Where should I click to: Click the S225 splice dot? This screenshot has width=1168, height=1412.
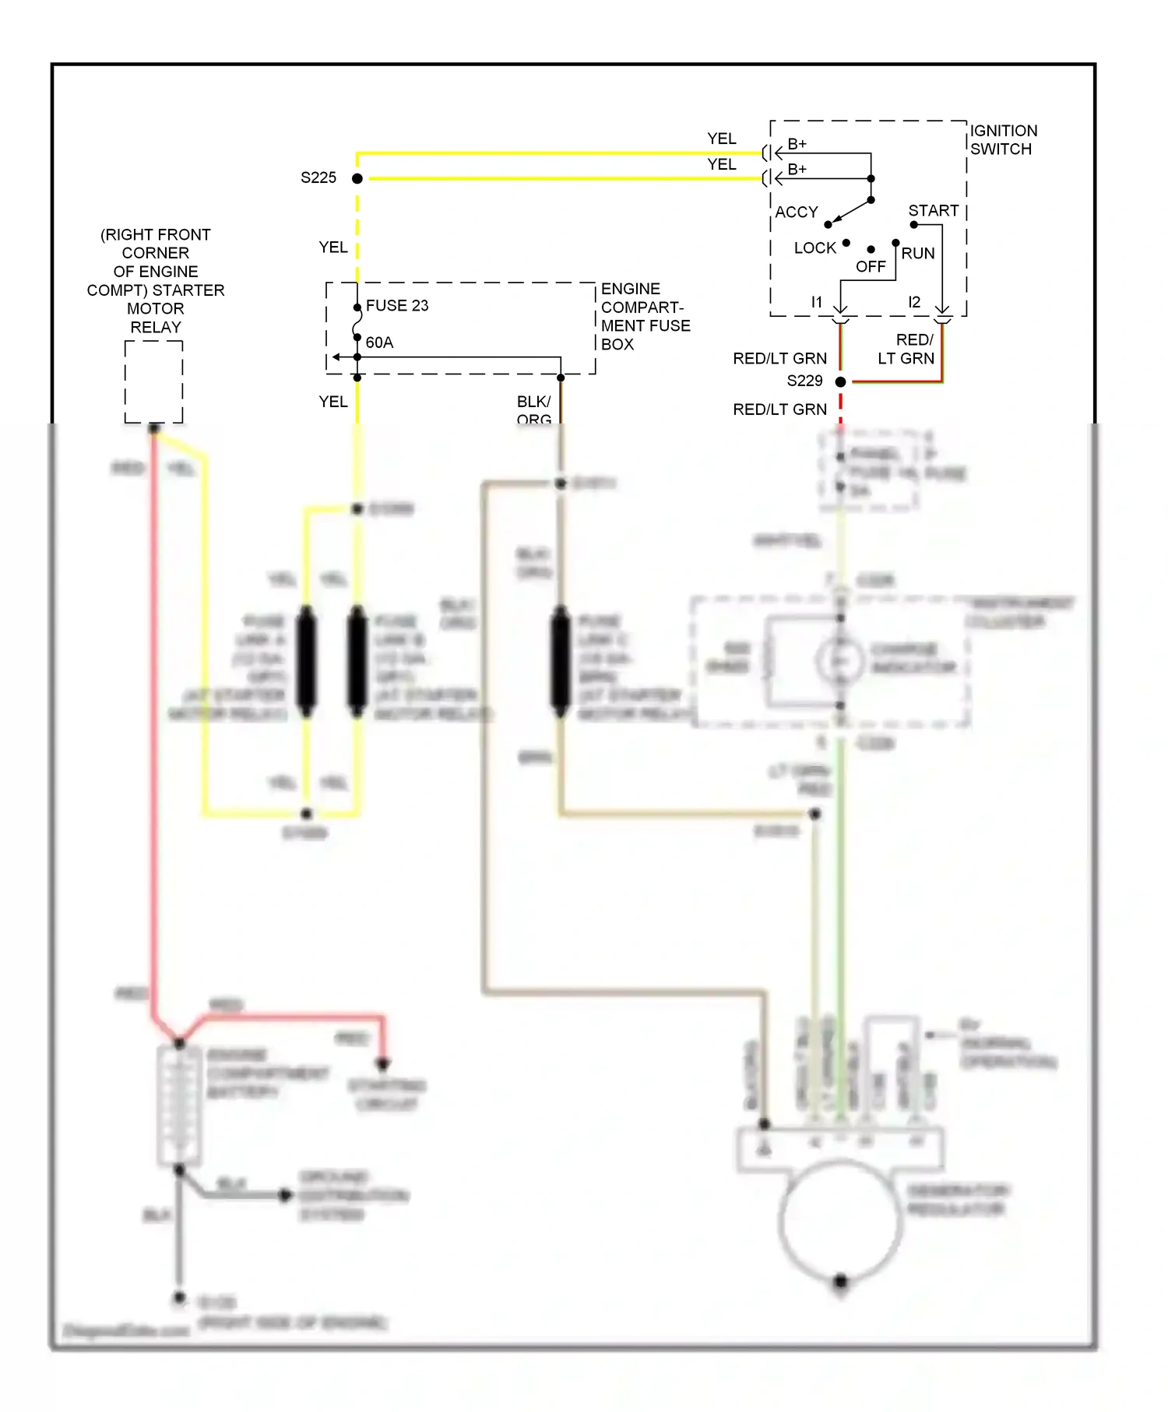pos(357,178)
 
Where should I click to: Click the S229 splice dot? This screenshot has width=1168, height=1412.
pos(840,381)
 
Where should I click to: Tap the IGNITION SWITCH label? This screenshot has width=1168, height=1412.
pos(1003,140)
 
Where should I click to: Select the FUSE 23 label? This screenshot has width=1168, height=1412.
pos(397,306)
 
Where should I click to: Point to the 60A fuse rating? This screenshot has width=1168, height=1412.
pos(379,342)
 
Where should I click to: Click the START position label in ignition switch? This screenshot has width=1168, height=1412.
pos(933,211)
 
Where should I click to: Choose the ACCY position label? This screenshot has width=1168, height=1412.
pos(796,213)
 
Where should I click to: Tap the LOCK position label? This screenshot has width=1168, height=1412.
pos(814,248)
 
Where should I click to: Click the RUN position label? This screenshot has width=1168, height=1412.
pos(918,254)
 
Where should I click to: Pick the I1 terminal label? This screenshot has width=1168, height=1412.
pos(816,302)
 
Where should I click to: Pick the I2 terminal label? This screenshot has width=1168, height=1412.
pos(914,302)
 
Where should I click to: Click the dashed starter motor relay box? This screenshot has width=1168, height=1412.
pos(154,381)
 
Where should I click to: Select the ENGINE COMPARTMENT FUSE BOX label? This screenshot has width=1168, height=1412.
pos(645,317)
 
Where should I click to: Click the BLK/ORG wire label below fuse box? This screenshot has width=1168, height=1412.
pos(534,409)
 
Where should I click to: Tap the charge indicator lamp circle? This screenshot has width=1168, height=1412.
pos(840,660)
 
